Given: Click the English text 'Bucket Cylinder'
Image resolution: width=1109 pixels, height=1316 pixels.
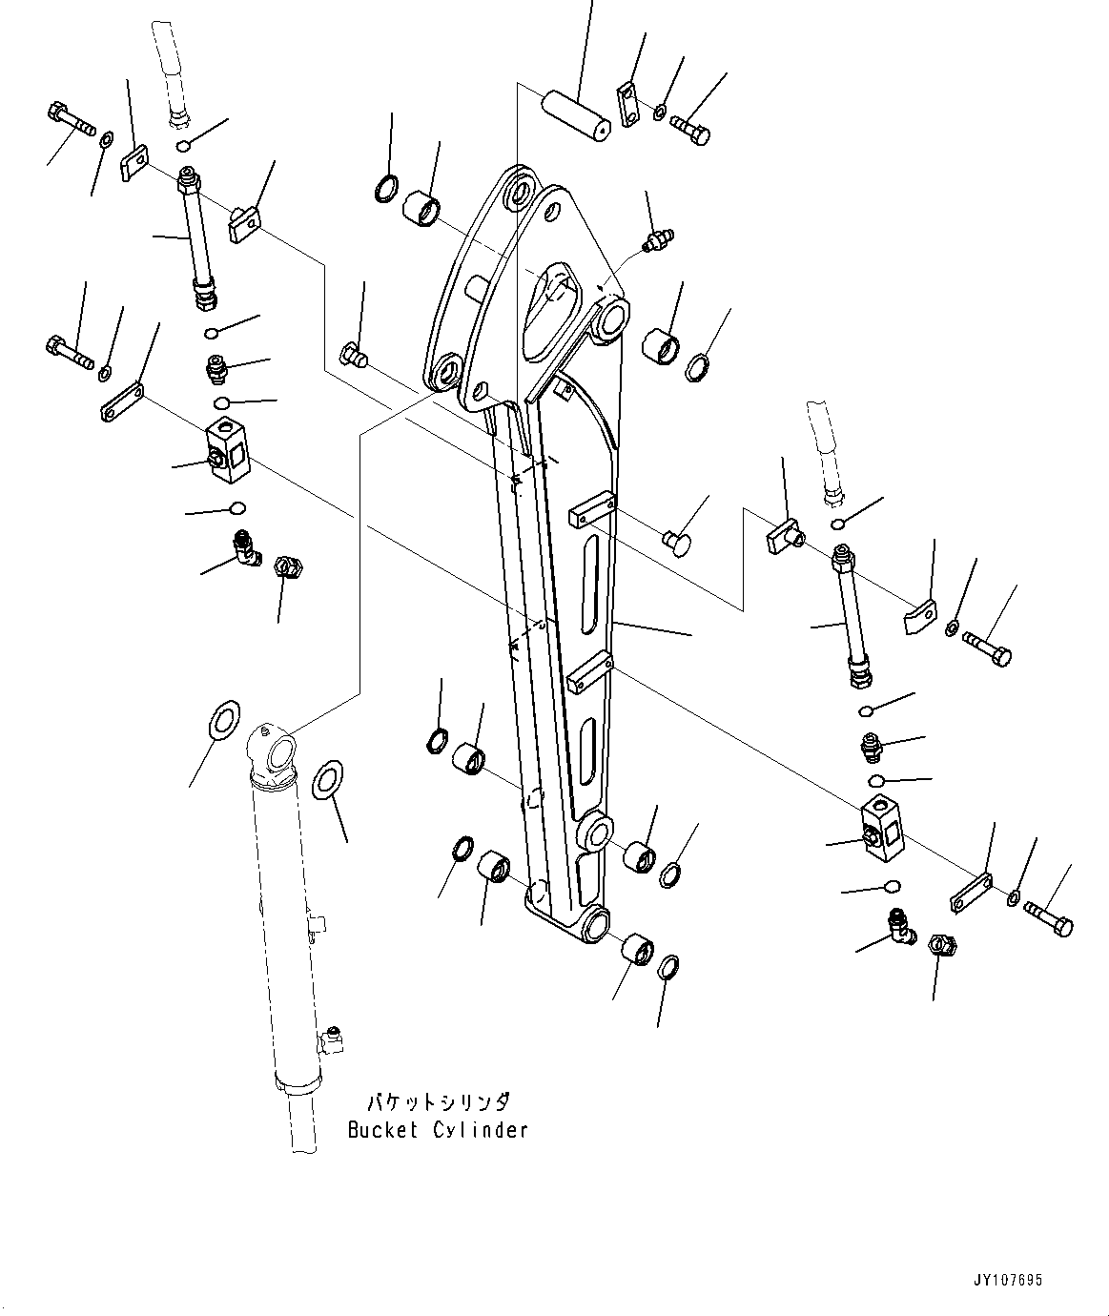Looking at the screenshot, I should pos(438,1130).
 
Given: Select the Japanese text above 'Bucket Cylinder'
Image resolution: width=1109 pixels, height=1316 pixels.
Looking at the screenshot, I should pos(438,1103).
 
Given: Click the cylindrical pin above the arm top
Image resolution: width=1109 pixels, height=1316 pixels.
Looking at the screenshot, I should pos(576,113).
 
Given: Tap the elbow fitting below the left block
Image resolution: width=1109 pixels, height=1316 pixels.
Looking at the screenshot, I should pos(246,546).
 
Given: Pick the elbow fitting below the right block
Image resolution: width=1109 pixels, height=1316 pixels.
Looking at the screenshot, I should pos(898,924).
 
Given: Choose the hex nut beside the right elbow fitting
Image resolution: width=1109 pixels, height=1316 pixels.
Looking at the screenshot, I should pos(942,946).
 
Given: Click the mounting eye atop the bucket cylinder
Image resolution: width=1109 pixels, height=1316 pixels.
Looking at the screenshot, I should pos(276,750).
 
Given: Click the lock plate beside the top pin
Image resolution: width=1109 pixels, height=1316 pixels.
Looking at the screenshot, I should pos(627,105).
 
